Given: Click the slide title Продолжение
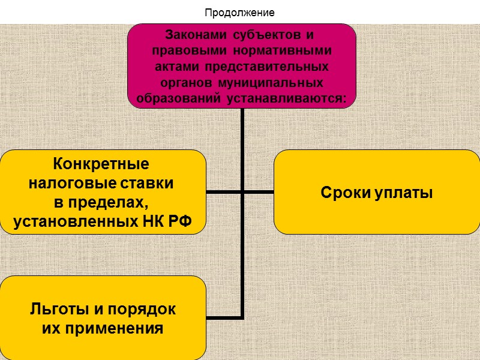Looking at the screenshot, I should (x=239, y=12).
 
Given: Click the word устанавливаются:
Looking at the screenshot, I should (x=287, y=97).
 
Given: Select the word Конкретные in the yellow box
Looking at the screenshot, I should (x=101, y=164).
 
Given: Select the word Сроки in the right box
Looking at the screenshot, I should (x=342, y=193).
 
